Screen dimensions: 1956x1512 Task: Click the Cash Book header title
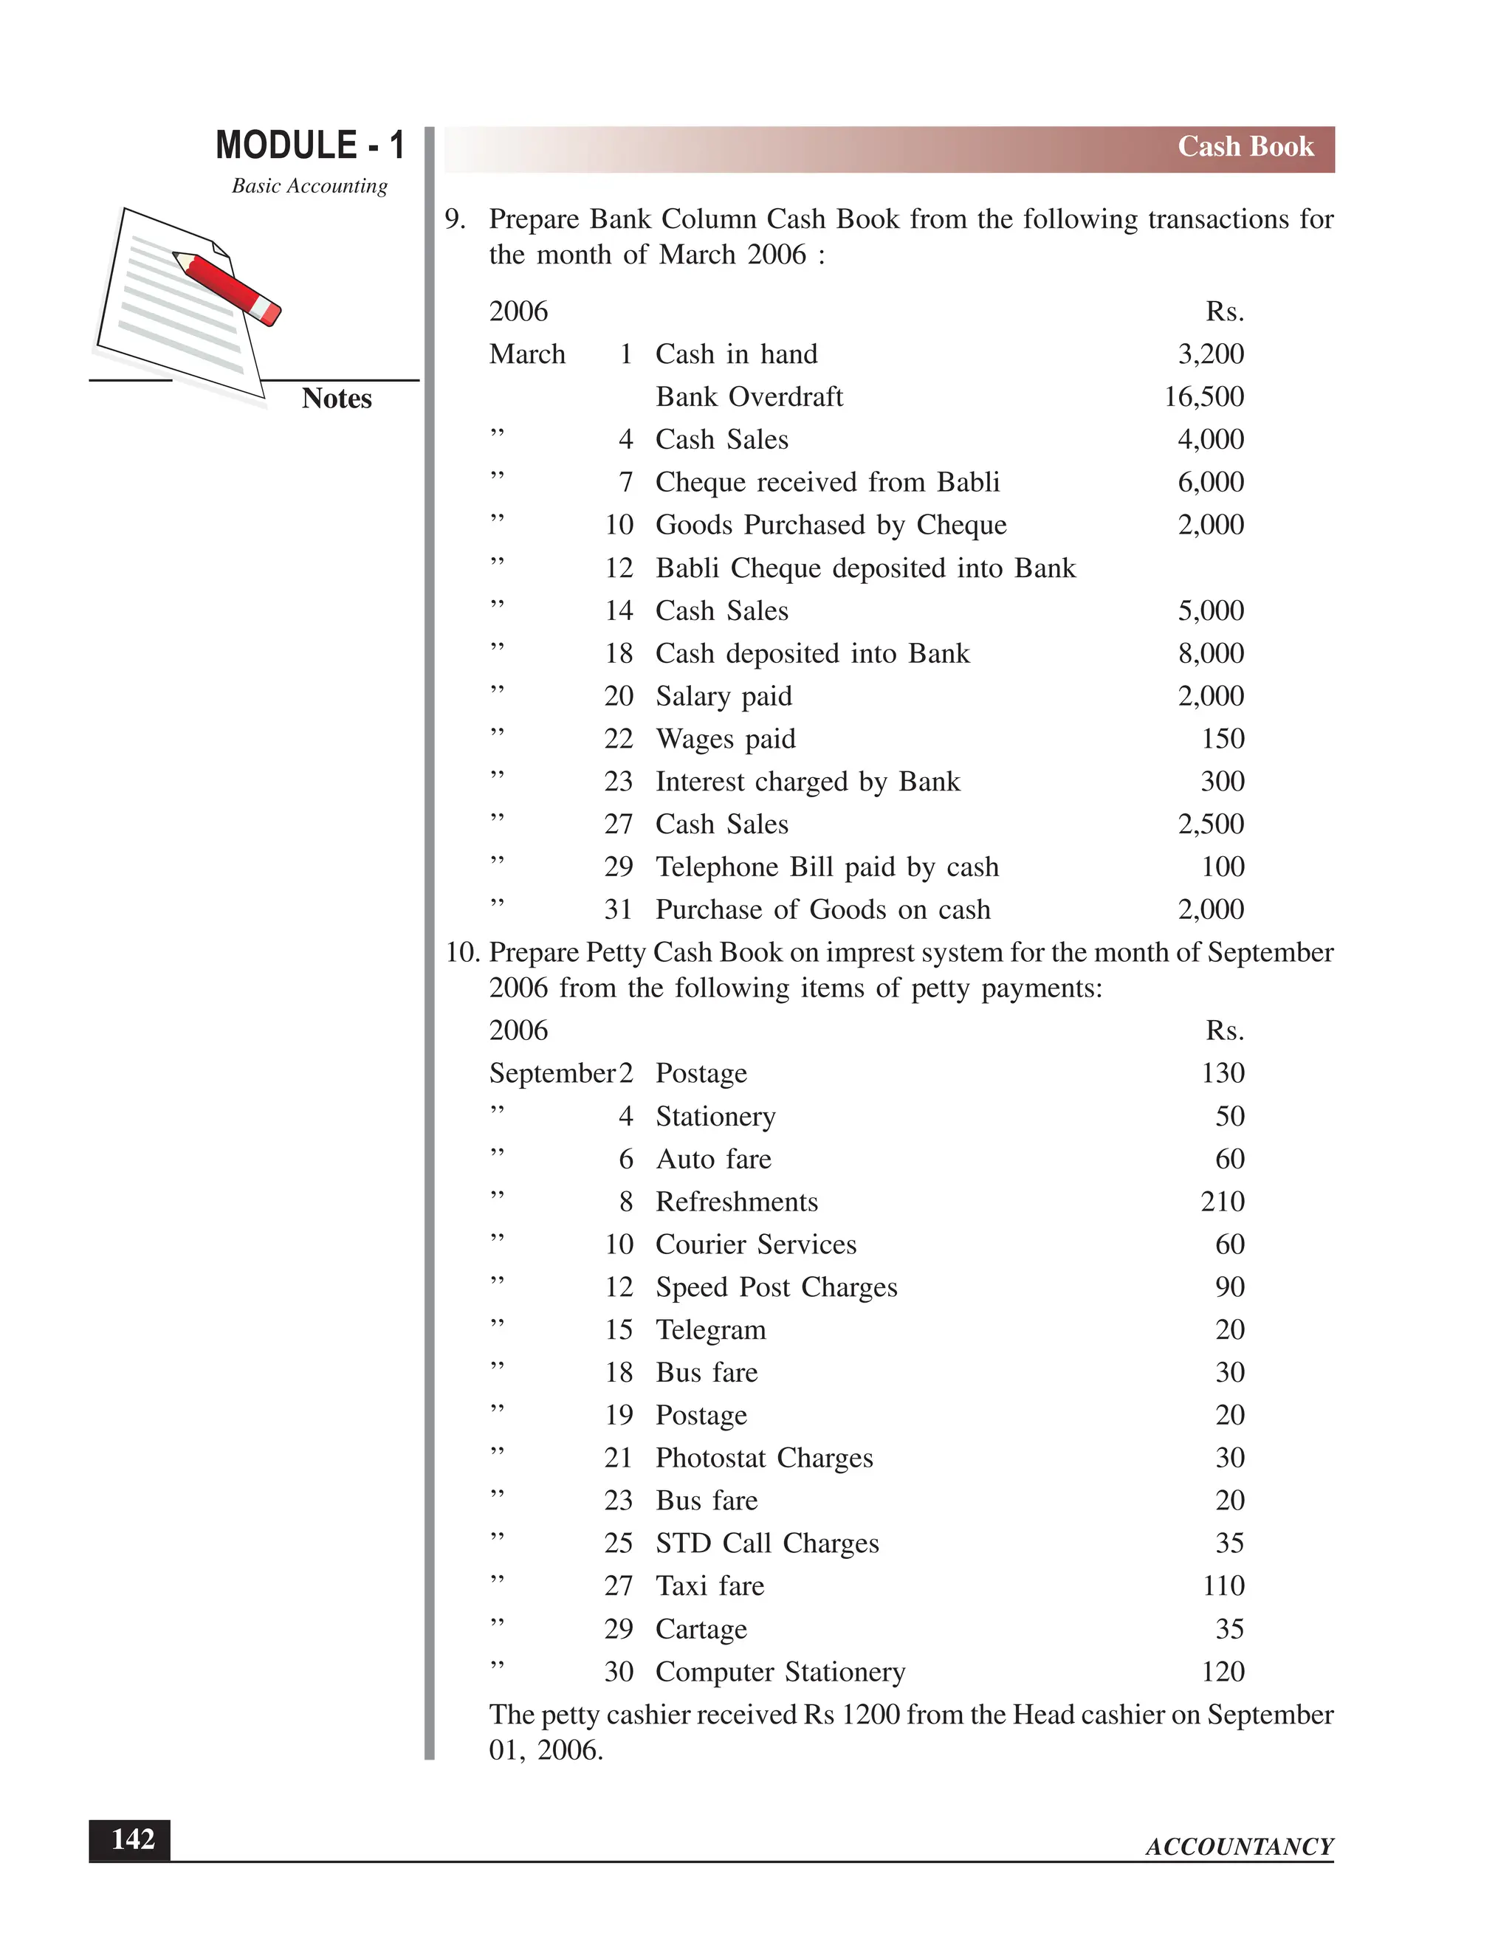point(1244,147)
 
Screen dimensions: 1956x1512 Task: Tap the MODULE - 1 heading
point(310,145)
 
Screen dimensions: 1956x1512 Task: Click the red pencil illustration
point(228,287)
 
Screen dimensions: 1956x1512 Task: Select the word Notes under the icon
point(336,399)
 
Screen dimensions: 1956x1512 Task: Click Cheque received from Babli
point(827,483)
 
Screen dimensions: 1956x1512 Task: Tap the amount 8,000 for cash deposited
point(1210,654)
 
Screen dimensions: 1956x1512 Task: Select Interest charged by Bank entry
point(807,782)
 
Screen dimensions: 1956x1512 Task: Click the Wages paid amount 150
point(1222,739)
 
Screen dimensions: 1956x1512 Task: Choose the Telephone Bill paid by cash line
point(827,867)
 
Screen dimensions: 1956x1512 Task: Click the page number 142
point(131,1839)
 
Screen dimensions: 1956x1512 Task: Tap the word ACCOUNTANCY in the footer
point(1239,1847)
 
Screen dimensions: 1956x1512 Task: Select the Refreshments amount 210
point(1222,1202)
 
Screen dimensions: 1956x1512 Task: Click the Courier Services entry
point(755,1245)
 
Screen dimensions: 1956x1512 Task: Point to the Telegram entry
point(710,1330)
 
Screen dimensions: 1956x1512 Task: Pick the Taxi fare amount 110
point(1223,1586)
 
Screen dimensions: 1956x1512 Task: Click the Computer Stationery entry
point(780,1672)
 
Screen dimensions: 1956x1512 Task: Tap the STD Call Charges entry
point(767,1543)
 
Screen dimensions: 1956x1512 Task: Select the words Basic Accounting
point(309,186)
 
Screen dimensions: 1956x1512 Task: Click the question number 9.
point(455,219)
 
